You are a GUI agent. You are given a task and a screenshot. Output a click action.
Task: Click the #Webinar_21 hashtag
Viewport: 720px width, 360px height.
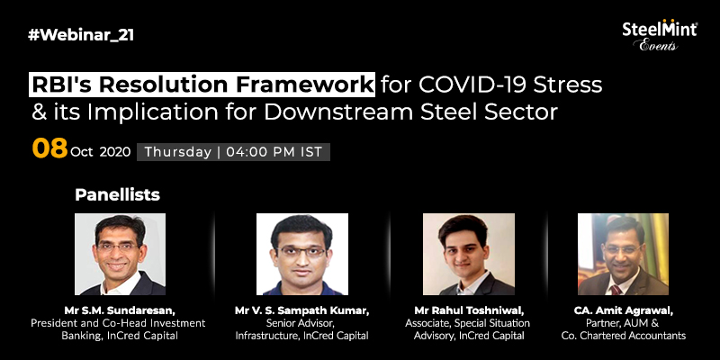(81, 35)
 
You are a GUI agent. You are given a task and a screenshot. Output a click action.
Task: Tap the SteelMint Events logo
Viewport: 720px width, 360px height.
(660, 35)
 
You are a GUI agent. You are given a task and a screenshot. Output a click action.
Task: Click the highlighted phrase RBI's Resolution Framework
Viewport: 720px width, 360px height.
(202, 85)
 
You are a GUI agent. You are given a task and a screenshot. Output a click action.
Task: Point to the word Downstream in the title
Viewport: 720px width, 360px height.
(338, 112)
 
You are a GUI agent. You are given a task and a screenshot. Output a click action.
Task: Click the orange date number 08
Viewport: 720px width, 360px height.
(49, 148)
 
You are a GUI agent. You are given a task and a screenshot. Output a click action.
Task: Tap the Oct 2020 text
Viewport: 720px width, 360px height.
(101, 152)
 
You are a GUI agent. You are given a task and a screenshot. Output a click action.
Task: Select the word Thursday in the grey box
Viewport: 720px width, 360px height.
(177, 152)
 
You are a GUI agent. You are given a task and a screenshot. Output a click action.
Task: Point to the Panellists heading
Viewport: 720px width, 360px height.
(118, 194)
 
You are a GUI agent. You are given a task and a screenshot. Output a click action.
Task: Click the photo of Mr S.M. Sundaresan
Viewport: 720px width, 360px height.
(120, 254)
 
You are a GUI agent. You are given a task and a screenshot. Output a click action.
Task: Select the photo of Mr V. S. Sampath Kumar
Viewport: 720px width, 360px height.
(302, 254)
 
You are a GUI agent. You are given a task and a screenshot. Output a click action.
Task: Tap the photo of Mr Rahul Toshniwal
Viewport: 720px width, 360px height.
(468, 254)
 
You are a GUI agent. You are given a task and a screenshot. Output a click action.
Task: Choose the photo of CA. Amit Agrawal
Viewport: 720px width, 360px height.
(623, 254)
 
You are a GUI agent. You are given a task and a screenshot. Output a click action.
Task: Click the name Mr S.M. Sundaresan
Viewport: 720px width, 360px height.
(120, 310)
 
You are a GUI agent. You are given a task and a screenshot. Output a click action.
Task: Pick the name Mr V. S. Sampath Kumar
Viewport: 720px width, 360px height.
(301, 310)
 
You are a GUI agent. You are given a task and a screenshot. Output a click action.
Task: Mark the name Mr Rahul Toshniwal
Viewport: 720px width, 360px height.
(469, 310)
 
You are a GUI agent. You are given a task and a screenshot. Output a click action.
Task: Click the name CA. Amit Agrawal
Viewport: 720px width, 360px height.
(623, 310)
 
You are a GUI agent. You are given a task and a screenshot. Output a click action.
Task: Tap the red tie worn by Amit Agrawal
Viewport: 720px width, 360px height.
(616, 290)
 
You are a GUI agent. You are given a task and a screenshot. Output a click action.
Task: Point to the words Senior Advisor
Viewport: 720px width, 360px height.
(301, 323)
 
